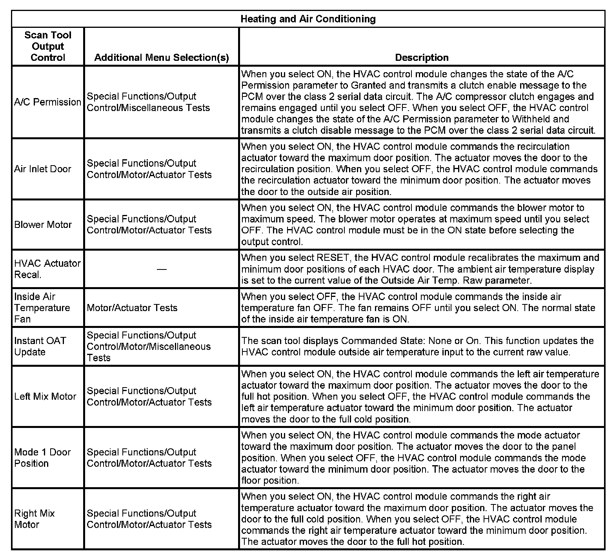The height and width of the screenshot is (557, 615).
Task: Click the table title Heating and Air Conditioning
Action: [x=308, y=19]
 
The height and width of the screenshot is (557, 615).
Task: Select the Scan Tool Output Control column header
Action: [x=48, y=46]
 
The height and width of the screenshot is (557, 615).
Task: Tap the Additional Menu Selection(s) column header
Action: [x=161, y=58]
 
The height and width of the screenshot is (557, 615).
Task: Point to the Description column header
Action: [x=422, y=58]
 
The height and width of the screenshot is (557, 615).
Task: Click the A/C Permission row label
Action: [x=47, y=102]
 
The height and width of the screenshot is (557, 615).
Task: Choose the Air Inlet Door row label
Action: [x=43, y=169]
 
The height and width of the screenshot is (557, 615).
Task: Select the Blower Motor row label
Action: [x=43, y=225]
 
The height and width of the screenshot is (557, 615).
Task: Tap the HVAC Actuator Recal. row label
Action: [x=47, y=269]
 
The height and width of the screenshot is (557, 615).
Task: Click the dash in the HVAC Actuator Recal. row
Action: [x=161, y=269]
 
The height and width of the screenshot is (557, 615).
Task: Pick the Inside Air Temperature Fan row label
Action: [x=42, y=308]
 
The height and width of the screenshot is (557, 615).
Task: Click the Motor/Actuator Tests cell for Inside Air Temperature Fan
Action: [x=132, y=308]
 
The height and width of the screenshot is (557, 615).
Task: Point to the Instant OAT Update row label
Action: [x=40, y=346]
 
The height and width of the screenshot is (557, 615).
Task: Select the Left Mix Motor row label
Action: [x=45, y=397]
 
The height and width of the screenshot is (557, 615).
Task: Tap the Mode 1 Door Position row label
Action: [x=42, y=458]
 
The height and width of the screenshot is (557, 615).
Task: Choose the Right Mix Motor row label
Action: [x=35, y=519]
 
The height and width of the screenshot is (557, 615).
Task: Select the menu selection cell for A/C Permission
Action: [x=148, y=102]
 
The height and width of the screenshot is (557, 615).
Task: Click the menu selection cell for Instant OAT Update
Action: [x=149, y=346]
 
